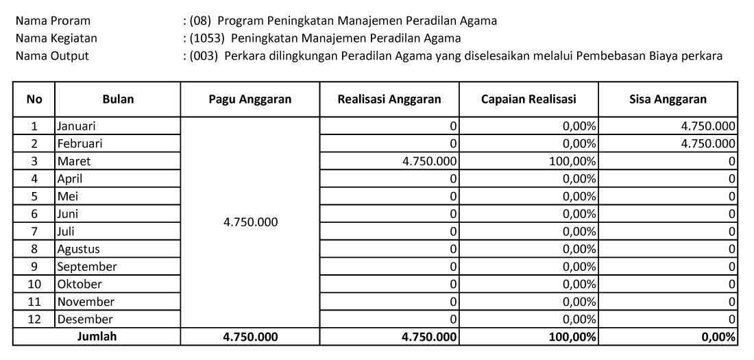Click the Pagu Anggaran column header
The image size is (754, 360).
pyautogui.click(x=250, y=99)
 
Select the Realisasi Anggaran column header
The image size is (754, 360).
pyautogui.click(x=389, y=99)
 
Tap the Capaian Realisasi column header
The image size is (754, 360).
pyautogui.click(x=528, y=99)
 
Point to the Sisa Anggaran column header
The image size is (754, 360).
pyautogui.click(x=668, y=99)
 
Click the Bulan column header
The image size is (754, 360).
pyautogui.click(x=118, y=99)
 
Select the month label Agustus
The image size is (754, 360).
pyautogui.click(x=79, y=249)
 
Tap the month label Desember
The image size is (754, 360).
pyautogui.click(x=85, y=319)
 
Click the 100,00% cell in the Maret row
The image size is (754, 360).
pyautogui.click(x=572, y=163)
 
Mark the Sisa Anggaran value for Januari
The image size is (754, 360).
pyautogui.click(x=706, y=126)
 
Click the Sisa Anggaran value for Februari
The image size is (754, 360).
pyautogui.click(x=706, y=144)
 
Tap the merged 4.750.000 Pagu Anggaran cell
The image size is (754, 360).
pyautogui.click(x=250, y=223)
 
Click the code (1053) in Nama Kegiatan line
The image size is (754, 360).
pyautogui.click(x=201, y=38)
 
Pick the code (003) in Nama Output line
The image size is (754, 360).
pyautogui.click(x=197, y=56)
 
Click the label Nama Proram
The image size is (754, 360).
pyautogui.click(x=53, y=21)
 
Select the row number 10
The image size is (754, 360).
pyautogui.click(x=34, y=284)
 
